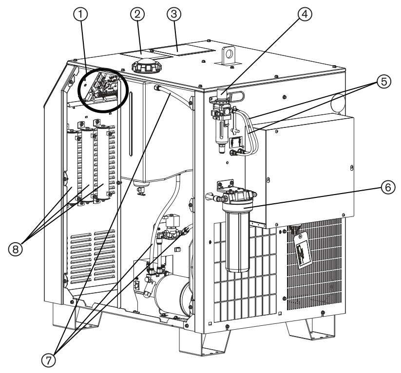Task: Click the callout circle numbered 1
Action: pyautogui.click(x=83, y=16)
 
